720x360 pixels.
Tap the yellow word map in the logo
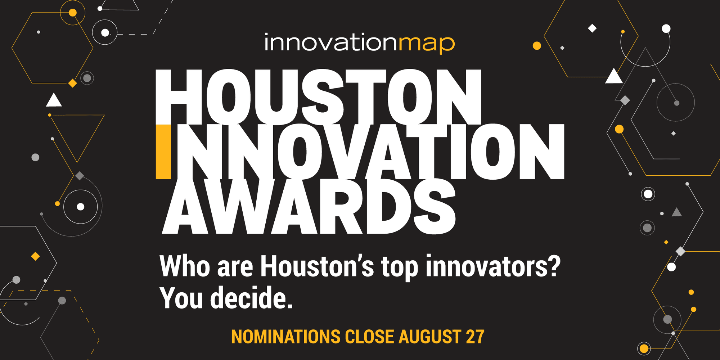pyautogui.click(x=427, y=44)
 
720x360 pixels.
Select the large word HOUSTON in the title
pyautogui.click(x=319, y=97)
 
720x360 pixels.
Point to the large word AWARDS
pyautogui.click(x=309, y=206)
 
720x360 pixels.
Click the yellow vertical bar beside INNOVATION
pyautogui.click(x=163, y=152)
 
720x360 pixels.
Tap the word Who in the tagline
pyautogui.click(x=185, y=266)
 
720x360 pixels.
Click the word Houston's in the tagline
pyautogui.click(x=317, y=266)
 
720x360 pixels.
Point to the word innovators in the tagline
pyautogui.click(x=486, y=266)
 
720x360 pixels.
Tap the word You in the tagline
pyautogui.click(x=181, y=298)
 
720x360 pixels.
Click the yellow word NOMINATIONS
pyautogui.click(x=285, y=337)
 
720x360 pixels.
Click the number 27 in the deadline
pyautogui.click(x=475, y=337)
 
